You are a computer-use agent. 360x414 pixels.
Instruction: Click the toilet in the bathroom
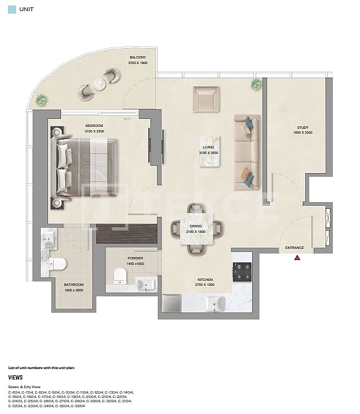[58, 264]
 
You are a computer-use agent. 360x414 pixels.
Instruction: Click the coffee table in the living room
[209, 150]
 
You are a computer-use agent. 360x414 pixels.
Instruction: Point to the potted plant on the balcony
[41, 99]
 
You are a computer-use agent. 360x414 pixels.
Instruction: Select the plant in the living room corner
[255, 84]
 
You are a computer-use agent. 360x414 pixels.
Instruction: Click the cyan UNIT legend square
[10, 10]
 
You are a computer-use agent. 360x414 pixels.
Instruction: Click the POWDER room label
[135, 259]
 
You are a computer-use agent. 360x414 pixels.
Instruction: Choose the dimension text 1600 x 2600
[74, 290]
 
